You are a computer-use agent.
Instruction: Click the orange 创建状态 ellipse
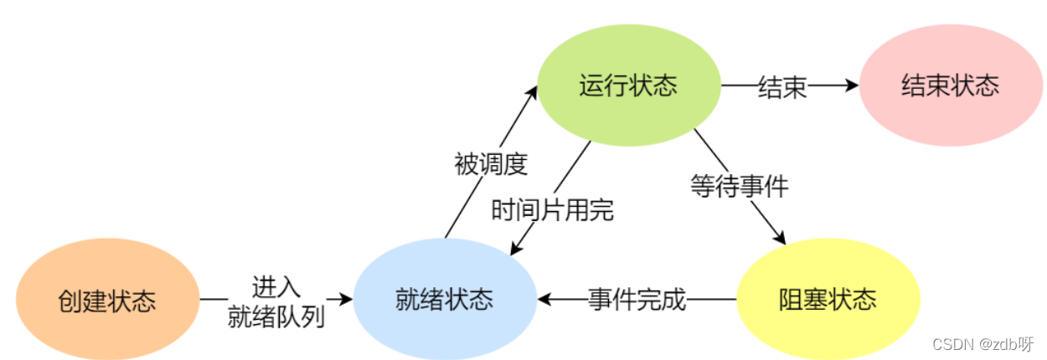click(x=107, y=300)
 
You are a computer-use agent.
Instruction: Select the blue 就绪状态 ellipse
click(x=444, y=300)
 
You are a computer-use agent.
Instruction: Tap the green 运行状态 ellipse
click(x=628, y=85)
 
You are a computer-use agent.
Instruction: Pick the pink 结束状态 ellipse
click(x=951, y=85)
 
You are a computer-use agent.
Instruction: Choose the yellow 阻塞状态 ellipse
click(x=828, y=300)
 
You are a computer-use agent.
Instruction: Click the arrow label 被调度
click(x=491, y=164)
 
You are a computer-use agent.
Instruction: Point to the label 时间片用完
click(x=553, y=210)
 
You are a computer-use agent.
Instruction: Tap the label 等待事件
click(x=740, y=185)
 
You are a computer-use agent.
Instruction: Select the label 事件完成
click(x=637, y=299)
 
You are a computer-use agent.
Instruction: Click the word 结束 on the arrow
click(x=782, y=85)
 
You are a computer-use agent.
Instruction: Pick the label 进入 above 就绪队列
click(x=276, y=285)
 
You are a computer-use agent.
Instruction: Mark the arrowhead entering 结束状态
click(x=852, y=85)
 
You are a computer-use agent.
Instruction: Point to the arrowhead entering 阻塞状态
click(x=781, y=237)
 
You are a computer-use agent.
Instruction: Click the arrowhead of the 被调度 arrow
click(x=532, y=90)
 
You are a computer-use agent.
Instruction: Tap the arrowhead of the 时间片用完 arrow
click(x=516, y=249)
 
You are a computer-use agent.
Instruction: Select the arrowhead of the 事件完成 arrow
click(x=545, y=299)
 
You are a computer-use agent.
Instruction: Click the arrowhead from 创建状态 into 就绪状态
click(x=344, y=299)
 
